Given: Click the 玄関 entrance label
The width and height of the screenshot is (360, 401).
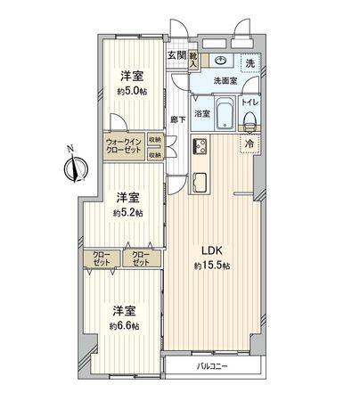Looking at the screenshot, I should click(176, 55).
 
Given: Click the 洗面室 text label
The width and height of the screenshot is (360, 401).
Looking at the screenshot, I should click(224, 82).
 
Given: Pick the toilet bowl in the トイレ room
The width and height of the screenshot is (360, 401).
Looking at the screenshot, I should click(250, 117).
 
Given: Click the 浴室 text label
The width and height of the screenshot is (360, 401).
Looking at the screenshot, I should click(201, 113).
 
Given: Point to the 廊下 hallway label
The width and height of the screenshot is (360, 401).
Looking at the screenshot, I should click(177, 119).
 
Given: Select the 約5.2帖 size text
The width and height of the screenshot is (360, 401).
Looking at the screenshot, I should click(127, 214).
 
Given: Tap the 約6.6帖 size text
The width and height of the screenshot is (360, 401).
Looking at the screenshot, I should click(125, 327).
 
